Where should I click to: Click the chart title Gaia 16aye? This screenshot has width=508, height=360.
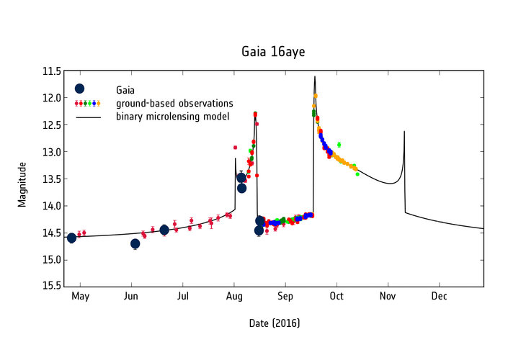(274, 53)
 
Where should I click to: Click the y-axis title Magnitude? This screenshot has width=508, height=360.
(22, 184)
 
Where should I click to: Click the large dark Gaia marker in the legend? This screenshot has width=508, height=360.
(79, 89)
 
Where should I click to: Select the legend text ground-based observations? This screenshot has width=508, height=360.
(174, 103)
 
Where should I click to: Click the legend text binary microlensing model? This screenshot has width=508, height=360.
(173, 116)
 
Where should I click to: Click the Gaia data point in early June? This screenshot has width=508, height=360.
(135, 243)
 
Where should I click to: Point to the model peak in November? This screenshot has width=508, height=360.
(404, 132)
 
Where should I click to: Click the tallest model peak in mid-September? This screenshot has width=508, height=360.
(315, 76)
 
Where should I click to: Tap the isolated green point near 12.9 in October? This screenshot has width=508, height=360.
(339, 145)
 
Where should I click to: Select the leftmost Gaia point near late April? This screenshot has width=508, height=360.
(71, 238)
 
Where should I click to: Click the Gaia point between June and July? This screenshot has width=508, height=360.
(164, 230)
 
